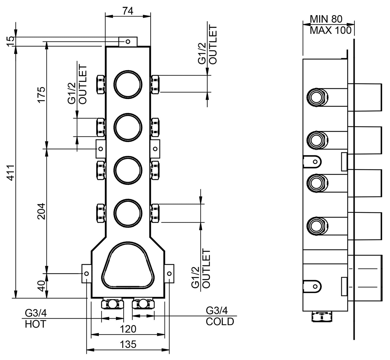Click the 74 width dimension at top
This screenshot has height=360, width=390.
(128, 11)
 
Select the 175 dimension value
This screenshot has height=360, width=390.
(41, 94)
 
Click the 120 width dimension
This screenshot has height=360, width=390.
(128, 329)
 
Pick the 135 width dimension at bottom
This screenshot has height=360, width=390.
(128, 344)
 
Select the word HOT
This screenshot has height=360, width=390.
(36, 324)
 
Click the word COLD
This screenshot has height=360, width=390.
(220, 322)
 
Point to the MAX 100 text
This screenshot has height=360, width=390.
(331, 30)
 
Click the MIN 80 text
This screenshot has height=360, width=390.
(326, 19)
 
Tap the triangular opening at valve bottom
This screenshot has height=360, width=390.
(128, 266)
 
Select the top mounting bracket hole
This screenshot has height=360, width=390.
(128, 42)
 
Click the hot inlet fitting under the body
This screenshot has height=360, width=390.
(112, 304)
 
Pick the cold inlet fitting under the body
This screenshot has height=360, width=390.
(143, 304)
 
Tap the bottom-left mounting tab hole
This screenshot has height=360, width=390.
(86, 274)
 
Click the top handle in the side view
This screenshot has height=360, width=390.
(364, 97)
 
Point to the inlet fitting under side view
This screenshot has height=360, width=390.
(323, 317)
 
